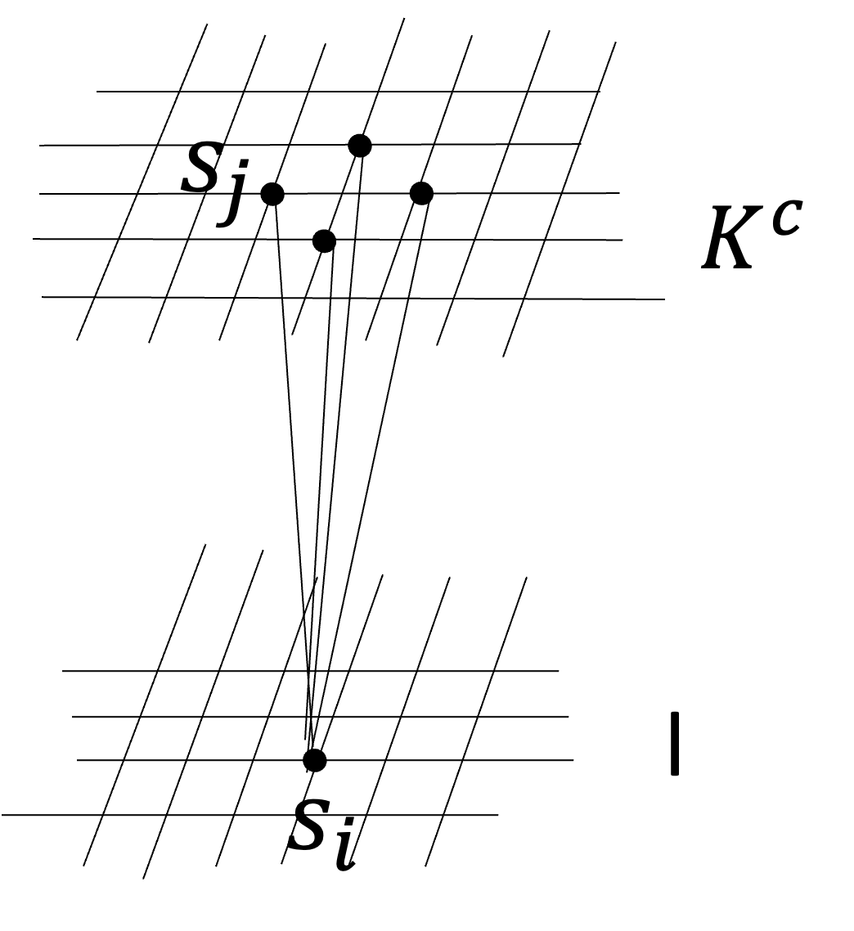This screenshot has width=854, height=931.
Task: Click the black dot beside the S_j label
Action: tap(272, 194)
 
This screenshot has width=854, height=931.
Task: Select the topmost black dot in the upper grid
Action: tap(360, 146)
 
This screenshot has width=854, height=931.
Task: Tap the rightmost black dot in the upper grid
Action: tap(421, 193)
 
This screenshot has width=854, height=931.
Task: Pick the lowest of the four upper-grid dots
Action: tap(324, 241)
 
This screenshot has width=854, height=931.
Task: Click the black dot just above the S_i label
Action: tap(315, 760)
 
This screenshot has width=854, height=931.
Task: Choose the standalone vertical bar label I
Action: tap(675, 744)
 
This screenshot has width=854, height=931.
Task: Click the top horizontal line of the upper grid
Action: tap(491, 92)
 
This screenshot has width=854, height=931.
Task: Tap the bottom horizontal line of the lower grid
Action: tap(164, 815)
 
